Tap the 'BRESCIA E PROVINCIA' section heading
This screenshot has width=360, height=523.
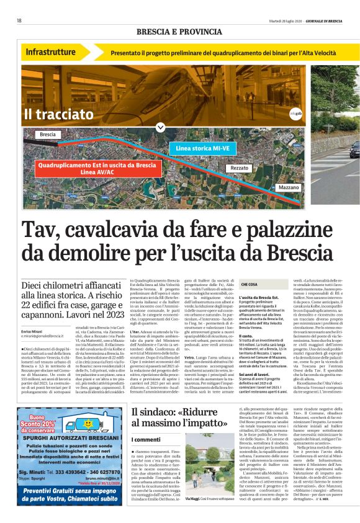pyautogui.click(x=180, y=32)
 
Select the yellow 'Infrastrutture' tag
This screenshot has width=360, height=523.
pyautogui.click(x=52, y=52)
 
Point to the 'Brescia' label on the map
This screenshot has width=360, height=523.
pyautogui.click(x=47, y=134)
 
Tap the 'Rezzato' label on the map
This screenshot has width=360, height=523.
pyautogui.click(x=239, y=168)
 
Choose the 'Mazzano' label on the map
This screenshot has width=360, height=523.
pyautogui.click(x=289, y=187)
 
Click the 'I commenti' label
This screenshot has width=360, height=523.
pyautogui.click(x=146, y=439)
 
